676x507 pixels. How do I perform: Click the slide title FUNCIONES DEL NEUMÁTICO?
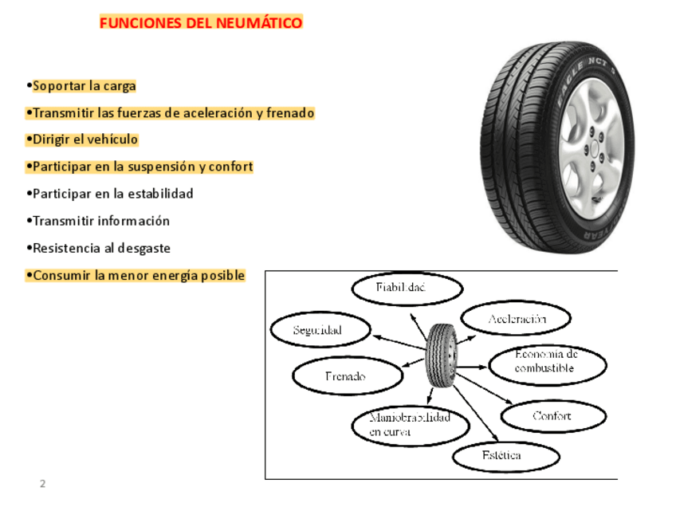point(201,23)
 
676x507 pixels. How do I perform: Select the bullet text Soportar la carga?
point(84,86)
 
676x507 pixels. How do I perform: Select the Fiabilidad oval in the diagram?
point(407,289)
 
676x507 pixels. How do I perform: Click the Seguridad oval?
point(320,330)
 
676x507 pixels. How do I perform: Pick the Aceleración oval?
point(517,320)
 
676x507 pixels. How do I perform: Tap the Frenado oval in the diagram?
point(347,376)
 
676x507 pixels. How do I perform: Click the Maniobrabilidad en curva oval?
point(410,425)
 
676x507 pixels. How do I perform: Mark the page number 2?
point(43,484)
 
